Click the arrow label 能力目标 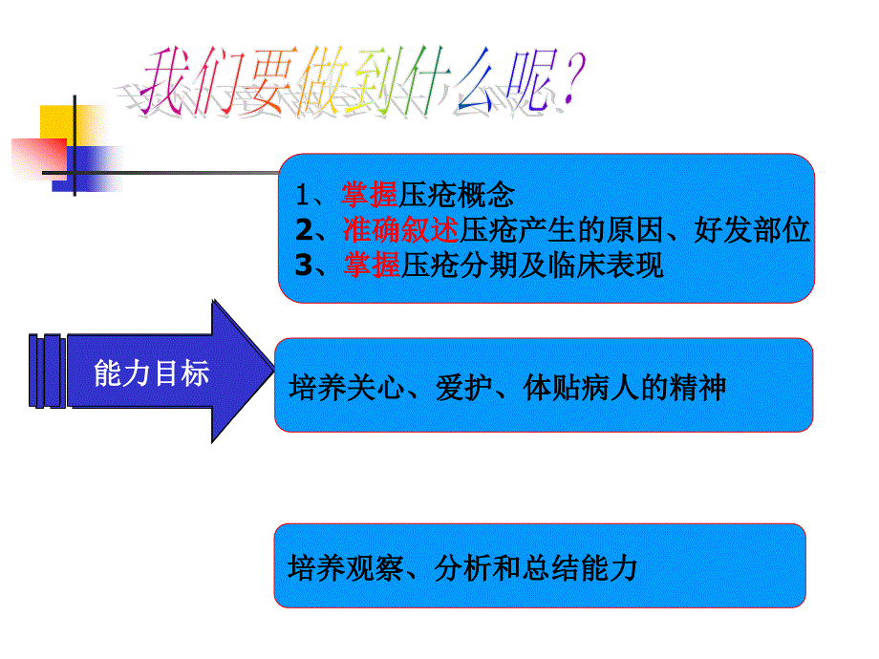151,372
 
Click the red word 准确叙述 401,230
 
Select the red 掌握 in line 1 370,195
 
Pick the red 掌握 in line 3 372,266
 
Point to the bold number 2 305,230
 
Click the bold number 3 305,266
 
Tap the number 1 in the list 303,196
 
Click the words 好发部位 752,230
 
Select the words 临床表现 606,266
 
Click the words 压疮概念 457,195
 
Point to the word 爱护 463,388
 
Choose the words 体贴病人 581,388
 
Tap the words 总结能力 580,567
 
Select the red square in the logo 39,159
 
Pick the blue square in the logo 88,169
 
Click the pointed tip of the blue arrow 273,371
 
